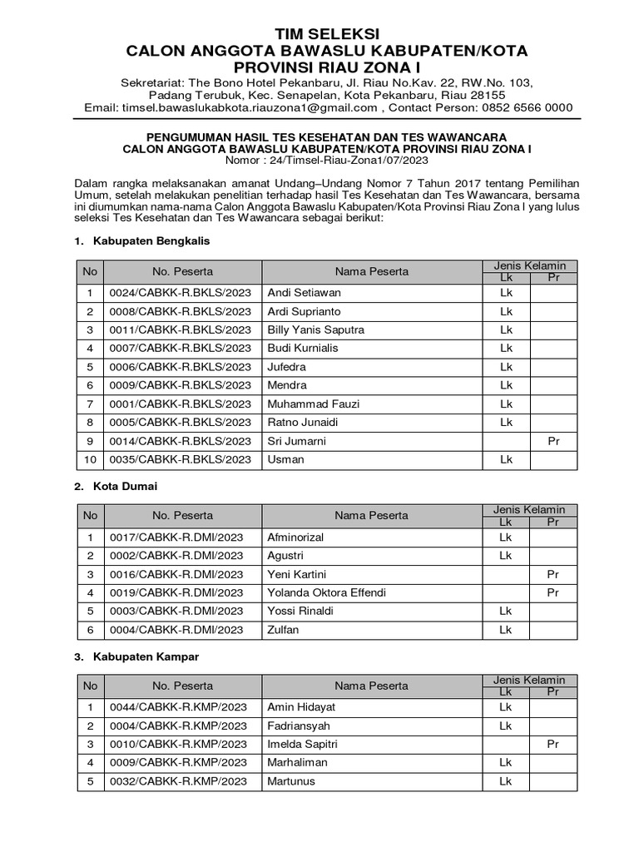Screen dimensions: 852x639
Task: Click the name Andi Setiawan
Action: point(304,293)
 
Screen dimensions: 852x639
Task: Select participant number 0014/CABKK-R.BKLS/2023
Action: point(179,441)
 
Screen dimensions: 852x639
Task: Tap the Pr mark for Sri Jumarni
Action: point(553,441)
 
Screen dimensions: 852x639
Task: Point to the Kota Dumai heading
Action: point(126,486)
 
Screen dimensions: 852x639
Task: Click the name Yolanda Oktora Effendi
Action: point(326,592)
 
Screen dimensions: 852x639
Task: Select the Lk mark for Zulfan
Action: point(505,630)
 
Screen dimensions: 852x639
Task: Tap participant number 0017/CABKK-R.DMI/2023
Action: point(176,537)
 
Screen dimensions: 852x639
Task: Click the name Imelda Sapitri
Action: point(302,744)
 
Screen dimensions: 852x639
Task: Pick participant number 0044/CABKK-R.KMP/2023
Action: point(178,706)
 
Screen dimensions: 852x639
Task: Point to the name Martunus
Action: point(290,781)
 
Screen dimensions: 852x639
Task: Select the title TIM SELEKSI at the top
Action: point(326,33)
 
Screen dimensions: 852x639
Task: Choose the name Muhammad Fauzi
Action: point(313,404)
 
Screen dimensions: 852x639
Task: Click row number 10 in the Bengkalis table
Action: point(90,459)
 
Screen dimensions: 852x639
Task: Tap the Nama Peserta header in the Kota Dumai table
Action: point(371,516)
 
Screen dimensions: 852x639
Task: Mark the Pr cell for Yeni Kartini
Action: point(553,574)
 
